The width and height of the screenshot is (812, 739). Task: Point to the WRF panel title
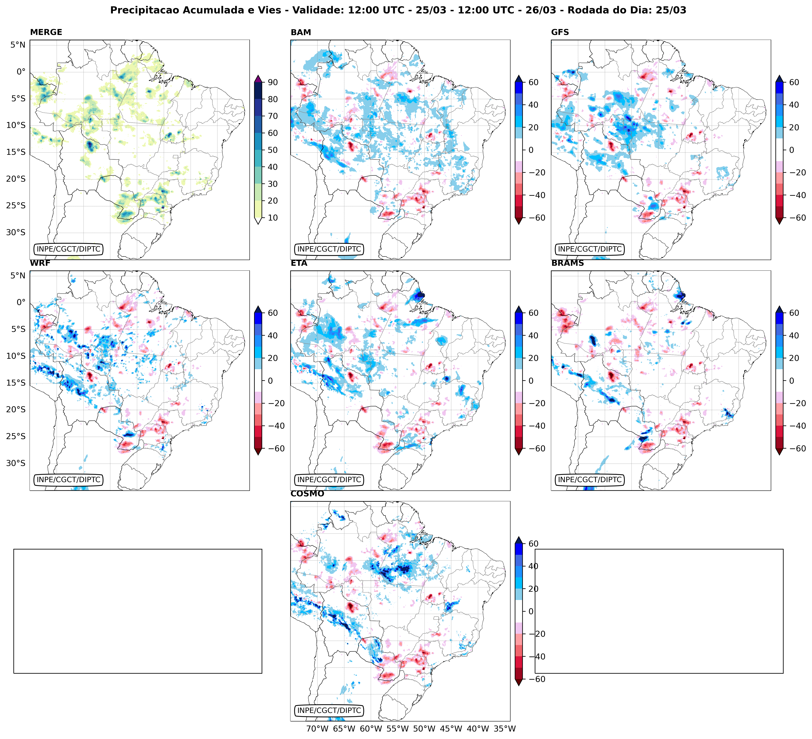pos(40,263)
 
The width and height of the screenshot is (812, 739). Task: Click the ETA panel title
pos(299,263)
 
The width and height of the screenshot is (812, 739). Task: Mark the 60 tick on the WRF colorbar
pos(273,313)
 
